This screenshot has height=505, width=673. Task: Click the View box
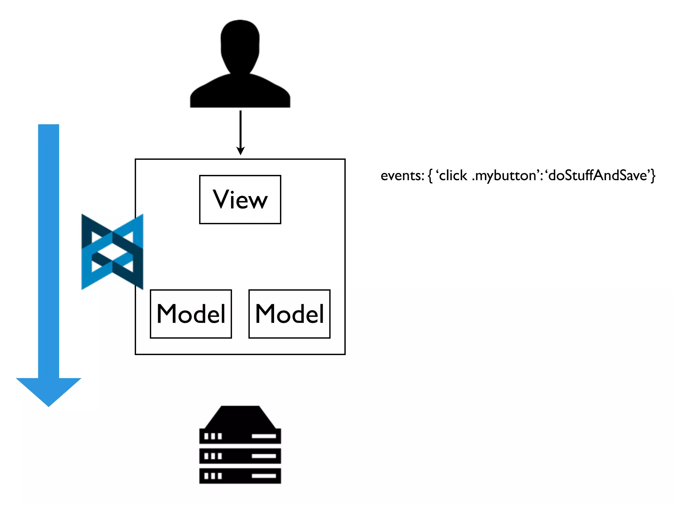pos(240,200)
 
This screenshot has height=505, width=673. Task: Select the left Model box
pos(191,314)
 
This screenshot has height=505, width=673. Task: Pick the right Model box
pos(290,314)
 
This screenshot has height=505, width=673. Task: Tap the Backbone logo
pos(112,252)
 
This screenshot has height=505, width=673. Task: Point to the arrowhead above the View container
pos(241,151)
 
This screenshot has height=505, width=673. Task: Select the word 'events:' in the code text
pos(402,176)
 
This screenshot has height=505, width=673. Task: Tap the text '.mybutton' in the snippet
pos(504,176)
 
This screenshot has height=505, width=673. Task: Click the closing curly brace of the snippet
pos(653,175)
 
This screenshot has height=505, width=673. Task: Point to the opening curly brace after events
pos(430,176)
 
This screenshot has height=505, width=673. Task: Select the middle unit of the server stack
pos(240,456)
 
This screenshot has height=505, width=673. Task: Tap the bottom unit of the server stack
pos(240,476)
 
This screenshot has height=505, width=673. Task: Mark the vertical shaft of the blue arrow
pos(49,250)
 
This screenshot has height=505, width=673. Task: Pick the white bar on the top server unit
pos(264,436)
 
